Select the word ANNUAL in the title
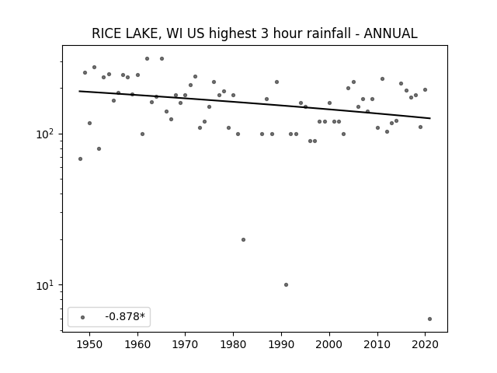coord(391,33)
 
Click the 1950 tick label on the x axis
coord(90,344)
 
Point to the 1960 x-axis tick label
coord(137,344)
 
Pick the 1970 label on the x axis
coord(186,344)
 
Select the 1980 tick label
coord(233,344)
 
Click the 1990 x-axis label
coord(281,344)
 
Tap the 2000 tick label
coord(329,344)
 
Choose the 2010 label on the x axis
coord(377,344)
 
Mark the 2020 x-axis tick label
coord(425,344)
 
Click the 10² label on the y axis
coord(47,134)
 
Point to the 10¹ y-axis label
coord(47,284)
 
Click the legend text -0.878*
coord(125,316)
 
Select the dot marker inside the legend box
coord(83,317)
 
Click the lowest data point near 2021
coord(429,319)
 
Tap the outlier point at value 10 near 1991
coord(286,284)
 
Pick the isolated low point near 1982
coord(243,239)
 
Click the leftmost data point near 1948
coord(80,159)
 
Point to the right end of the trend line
coord(430,118)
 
